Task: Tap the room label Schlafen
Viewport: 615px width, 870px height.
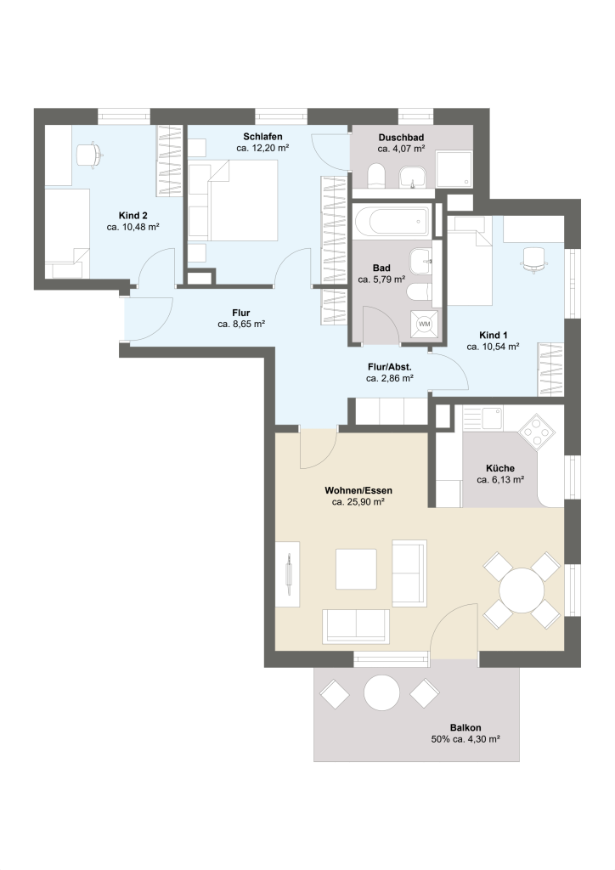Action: point(262,137)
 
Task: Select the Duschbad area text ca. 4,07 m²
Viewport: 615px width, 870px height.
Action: point(401,149)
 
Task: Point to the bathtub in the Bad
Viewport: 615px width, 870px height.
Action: point(392,221)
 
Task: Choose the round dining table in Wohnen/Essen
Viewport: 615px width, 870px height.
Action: point(522,590)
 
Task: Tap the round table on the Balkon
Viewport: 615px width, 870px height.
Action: point(381,692)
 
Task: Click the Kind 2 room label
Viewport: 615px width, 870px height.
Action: point(133,215)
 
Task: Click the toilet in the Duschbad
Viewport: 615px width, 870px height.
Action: point(376,175)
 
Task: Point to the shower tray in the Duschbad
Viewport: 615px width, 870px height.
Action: point(454,169)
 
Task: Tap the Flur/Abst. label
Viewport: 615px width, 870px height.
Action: point(389,367)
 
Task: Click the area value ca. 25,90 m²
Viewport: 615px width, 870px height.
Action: point(358,502)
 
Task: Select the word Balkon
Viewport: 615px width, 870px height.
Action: point(465,727)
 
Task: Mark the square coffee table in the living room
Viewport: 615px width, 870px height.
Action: point(356,568)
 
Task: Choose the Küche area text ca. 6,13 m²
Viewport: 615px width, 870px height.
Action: point(501,480)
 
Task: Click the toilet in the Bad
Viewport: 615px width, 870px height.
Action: point(419,292)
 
